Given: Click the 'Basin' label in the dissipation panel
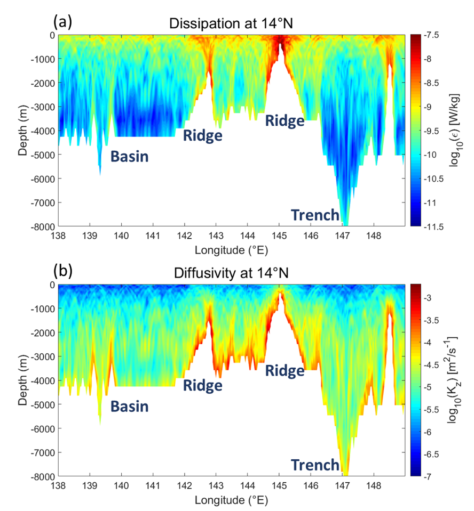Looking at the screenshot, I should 129,156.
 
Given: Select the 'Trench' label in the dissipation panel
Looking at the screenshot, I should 315,215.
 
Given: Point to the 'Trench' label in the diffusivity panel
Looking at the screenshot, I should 315,465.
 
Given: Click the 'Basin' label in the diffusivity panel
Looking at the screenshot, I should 129,406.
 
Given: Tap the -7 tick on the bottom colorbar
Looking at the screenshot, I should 434,475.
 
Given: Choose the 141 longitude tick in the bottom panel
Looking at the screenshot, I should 153,485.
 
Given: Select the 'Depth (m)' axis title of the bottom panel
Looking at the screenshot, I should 22,380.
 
